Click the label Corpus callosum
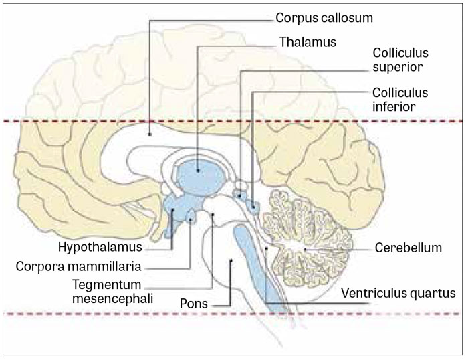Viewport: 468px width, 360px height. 319,18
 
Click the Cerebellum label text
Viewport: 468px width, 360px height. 408,248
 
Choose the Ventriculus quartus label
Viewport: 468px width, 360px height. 398,292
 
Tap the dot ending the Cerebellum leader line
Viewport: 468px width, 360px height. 306,249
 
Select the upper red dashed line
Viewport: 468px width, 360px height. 234,121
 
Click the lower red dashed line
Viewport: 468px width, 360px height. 234,314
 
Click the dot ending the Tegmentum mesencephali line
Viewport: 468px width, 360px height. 213,215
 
